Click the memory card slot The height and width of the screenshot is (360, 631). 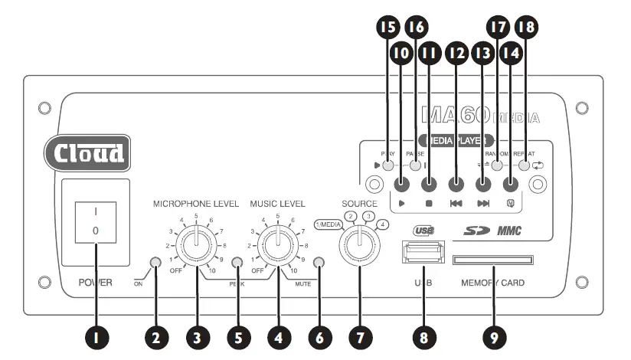click(x=494, y=260)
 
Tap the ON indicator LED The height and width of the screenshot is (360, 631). click(x=156, y=263)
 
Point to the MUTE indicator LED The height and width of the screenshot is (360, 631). click(x=319, y=263)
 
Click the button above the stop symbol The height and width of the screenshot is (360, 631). click(x=430, y=184)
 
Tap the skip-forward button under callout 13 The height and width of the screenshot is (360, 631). click(x=483, y=184)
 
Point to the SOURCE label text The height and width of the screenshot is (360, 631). click(x=360, y=204)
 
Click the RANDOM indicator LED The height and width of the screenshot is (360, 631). click(x=497, y=165)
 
